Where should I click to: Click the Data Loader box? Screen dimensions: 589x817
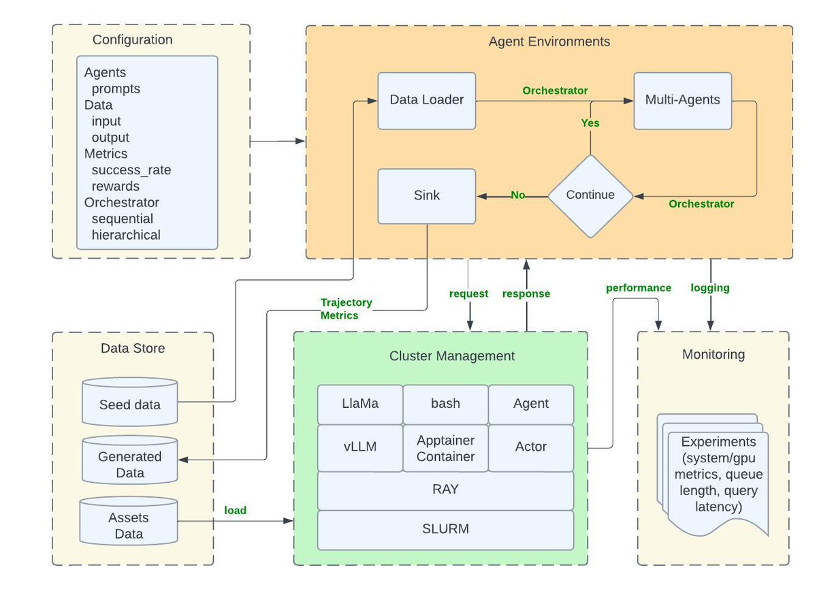[427, 101]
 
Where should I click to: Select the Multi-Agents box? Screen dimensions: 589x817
[682, 101]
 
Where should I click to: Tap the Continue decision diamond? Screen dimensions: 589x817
[590, 195]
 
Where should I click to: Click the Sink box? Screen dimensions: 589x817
[427, 196]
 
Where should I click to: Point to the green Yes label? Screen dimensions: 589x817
[590, 123]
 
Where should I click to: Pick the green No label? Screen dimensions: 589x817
[518, 195]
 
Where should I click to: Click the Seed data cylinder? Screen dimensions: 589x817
[129, 404]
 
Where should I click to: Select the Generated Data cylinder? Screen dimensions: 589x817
[129, 464]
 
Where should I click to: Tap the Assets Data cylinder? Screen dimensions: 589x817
[129, 525]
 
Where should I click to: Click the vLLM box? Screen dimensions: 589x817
[359, 447]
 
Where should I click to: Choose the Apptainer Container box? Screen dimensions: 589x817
[445, 448]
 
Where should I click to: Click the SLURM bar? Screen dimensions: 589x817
[445, 529]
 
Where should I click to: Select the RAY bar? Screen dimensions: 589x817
[445, 490]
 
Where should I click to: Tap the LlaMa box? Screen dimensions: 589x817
[359, 404]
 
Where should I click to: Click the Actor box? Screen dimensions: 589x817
[531, 447]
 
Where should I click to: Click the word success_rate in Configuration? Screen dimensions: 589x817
[131, 170]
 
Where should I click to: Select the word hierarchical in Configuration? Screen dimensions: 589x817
[126, 236]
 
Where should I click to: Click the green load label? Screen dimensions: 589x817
[236, 510]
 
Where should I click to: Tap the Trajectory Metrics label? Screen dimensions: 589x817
[346, 308]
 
